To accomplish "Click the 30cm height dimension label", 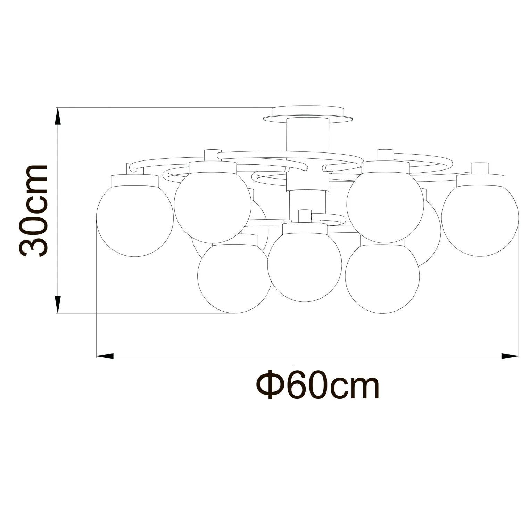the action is point(34,211).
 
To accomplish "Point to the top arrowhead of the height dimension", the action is point(58,116).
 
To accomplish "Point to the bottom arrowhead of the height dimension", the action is point(58,305).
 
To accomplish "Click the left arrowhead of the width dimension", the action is point(105,356).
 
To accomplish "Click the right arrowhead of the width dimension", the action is point(510,356).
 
